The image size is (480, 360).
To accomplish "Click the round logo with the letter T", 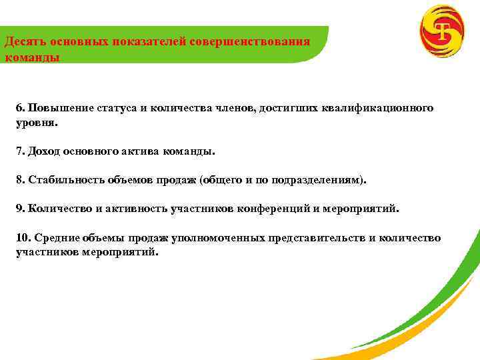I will pyautogui.click(x=441, y=31).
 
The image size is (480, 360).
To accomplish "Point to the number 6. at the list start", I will pyautogui.click(x=21, y=108).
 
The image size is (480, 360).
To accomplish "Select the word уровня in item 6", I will pyautogui.click(x=35, y=123).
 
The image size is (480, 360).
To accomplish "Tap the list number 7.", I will pyautogui.click(x=20, y=151).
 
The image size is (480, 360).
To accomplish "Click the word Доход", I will pyautogui.click(x=44, y=151).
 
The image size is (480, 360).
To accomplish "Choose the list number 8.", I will pyautogui.click(x=20, y=180).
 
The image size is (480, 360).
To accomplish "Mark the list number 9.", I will pyautogui.click(x=20, y=209).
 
